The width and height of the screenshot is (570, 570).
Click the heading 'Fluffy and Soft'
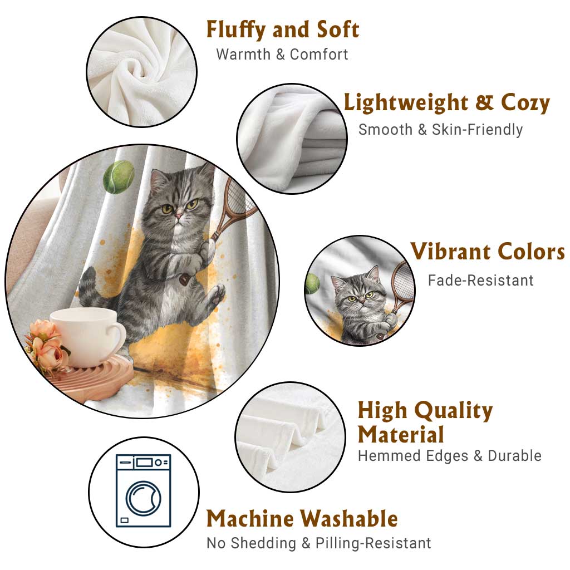[x=283, y=30]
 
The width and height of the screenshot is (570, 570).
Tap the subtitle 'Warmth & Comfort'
[x=282, y=55]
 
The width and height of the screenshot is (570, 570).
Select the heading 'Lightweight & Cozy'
[x=447, y=103]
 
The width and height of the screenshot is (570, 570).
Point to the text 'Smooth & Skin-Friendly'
[x=441, y=129]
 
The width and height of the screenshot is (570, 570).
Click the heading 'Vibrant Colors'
[x=488, y=251]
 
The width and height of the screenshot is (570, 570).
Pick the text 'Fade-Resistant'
[x=480, y=281]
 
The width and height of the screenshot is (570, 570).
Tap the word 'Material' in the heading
[x=401, y=434]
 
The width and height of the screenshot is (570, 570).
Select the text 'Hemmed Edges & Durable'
[x=450, y=455]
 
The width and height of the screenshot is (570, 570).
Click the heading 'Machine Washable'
[x=302, y=518]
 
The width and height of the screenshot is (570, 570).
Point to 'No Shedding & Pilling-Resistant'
[x=318, y=543]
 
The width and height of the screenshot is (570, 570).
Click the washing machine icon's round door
[x=143, y=498]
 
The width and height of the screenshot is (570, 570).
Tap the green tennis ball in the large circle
[x=119, y=177]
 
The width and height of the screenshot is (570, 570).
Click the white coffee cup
[x=87, y=337]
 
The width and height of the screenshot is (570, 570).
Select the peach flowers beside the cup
[x=46, y=346]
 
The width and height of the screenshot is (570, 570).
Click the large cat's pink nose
[x=179, y=216]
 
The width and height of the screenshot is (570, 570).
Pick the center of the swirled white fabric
[x=139, y=70]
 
